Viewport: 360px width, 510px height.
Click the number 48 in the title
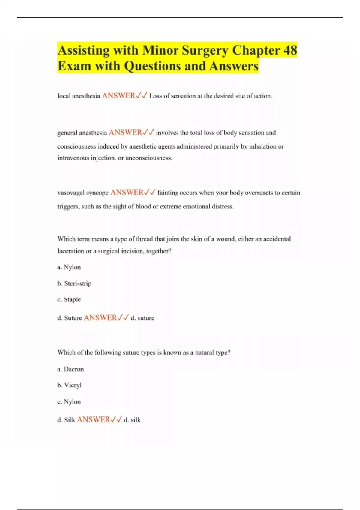point(290,50)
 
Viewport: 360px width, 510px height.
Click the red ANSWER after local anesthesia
point(119,96)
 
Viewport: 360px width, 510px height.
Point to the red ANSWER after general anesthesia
point(125,132)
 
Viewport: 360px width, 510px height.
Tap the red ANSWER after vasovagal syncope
point(127,192)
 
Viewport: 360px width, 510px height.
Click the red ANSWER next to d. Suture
point(100,318)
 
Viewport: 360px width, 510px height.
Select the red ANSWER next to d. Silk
point(94,419)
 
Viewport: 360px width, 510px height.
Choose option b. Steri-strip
point(74,283)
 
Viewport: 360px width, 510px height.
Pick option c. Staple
point(69,299)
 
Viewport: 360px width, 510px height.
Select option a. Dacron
point(70,369)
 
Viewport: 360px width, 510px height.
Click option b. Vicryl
point(69,385)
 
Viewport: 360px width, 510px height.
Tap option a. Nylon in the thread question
point(69,267)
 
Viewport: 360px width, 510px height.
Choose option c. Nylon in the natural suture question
point(69,401)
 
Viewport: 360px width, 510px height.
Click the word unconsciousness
point(148,158)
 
